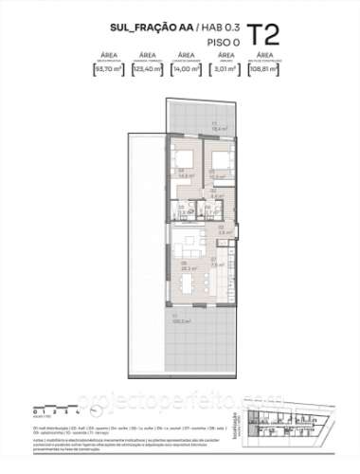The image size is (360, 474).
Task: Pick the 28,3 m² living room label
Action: click(185, 267)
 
